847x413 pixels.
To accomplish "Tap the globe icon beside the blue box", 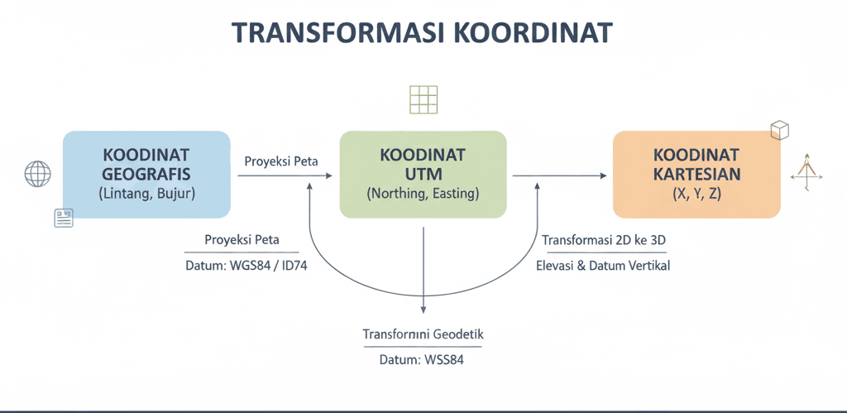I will point(38,175).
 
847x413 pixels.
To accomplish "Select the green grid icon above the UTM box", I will point(423,98).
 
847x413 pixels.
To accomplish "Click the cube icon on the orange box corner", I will point(778,131).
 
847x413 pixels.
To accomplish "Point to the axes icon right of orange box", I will point(806,172).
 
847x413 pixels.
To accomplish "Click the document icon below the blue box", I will point(64,218).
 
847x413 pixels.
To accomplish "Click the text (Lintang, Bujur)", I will point(146,194).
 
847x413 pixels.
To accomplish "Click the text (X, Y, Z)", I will point(696,194).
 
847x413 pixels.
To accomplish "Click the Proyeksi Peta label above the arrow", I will point(281,161).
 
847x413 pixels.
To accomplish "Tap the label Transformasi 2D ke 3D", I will point(604,241).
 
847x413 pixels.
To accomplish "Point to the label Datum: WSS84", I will point(423,360).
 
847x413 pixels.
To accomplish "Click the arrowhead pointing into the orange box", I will point(603,175).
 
